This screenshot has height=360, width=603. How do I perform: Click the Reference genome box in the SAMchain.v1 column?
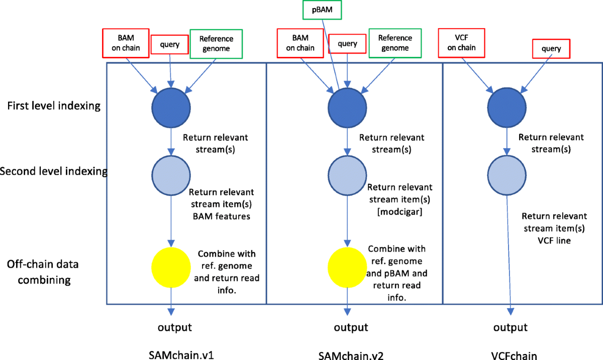(x=215, y=44)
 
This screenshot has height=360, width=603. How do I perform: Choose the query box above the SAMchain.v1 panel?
(x=170, y=45)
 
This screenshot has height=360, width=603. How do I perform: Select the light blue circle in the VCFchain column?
(x=507, y=173)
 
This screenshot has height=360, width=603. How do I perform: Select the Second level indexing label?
(x=54, y=171)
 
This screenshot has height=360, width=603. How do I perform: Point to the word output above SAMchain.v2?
(x=351, y=328)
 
